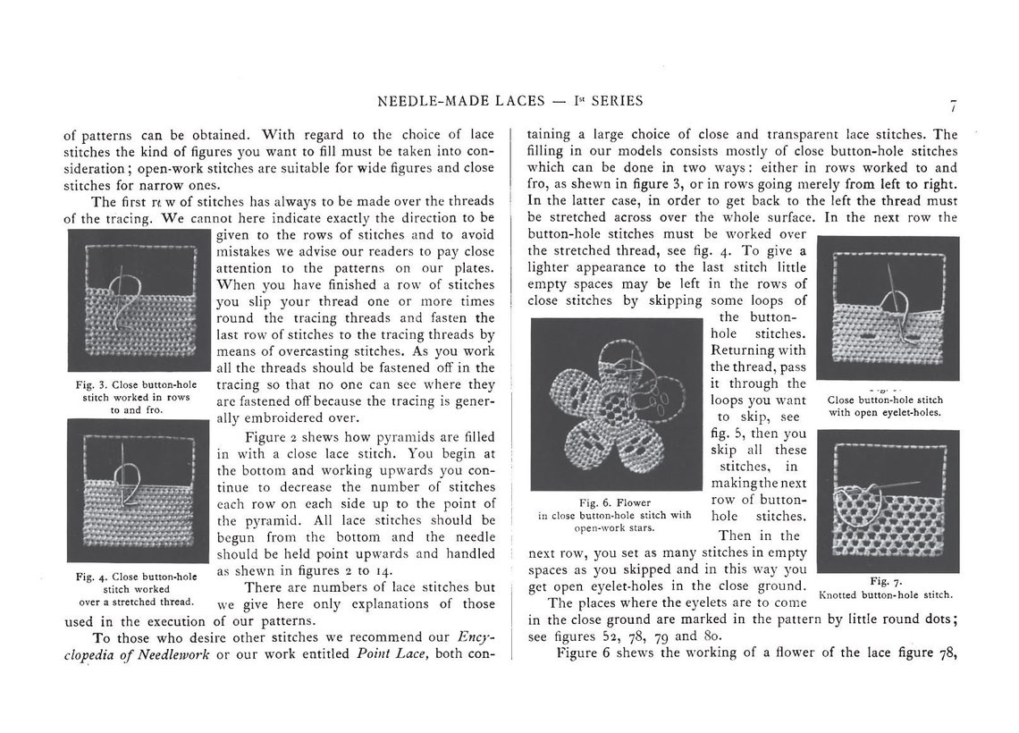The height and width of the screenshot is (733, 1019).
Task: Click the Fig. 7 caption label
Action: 884,581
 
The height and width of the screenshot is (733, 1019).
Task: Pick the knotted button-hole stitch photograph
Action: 887,501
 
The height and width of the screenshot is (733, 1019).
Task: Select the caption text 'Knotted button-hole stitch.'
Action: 886,594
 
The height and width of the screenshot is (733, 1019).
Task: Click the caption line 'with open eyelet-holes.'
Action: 885,413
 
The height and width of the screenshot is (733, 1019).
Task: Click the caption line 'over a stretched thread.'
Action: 132,602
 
